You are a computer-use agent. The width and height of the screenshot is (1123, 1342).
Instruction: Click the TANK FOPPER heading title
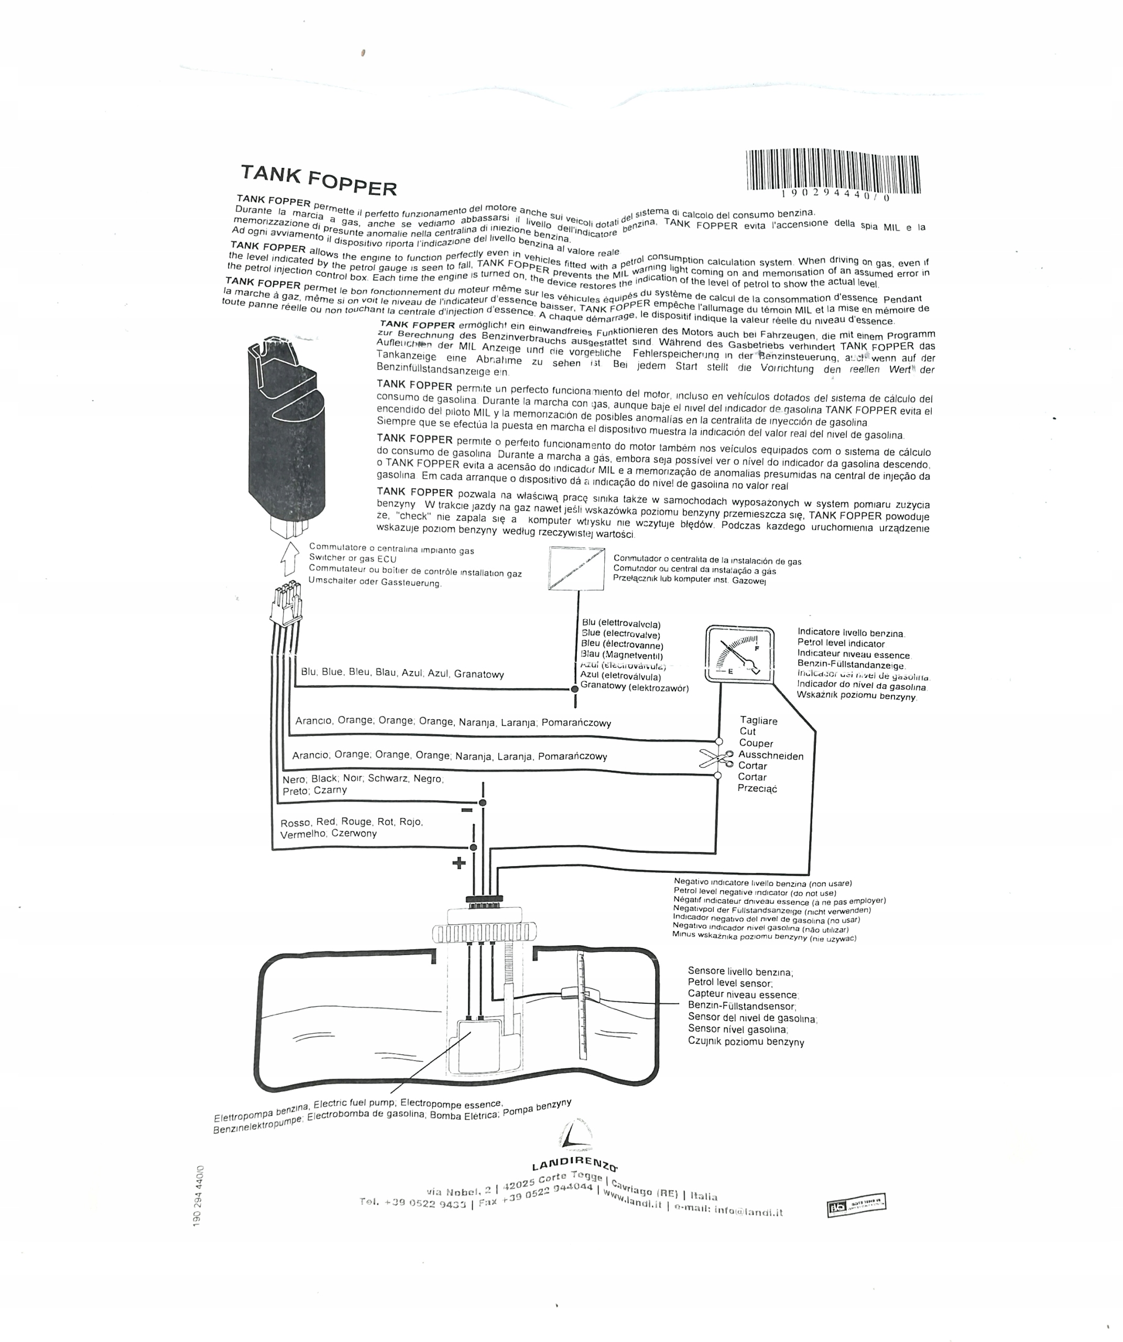click(318, 180)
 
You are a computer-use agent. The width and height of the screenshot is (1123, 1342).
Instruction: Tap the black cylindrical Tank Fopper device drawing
click(286, 435)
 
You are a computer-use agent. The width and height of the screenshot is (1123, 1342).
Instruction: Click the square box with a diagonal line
click(576, 568)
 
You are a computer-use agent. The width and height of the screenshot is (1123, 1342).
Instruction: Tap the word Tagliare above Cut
click(758, 721)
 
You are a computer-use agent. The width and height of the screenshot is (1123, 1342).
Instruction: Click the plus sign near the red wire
click(459, 863)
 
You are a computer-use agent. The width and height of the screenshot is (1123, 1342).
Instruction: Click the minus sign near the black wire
click(466, 811)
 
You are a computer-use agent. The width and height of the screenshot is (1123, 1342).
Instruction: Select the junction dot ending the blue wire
click(574, 689)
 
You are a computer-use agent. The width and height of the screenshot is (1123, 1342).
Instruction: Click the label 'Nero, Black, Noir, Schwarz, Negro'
click(362, 779)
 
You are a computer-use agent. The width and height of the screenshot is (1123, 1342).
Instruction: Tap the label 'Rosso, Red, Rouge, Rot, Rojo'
click(351, 822)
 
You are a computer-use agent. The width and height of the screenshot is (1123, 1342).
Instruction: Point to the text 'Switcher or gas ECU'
click(353, 558)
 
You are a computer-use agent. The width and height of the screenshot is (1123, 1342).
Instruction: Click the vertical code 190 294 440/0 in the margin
click(198, 1195)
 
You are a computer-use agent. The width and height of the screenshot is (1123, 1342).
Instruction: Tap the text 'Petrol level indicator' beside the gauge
click(841, 644)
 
